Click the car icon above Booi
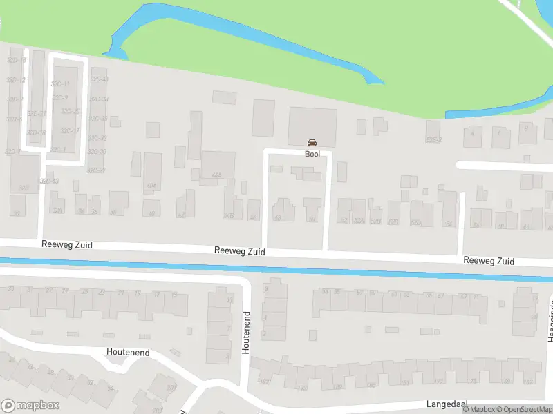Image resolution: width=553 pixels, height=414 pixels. (x=312, y=143)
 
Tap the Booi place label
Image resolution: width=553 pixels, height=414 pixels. (x=312, y=154)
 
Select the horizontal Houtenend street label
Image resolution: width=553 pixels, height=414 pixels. (x=128, y=352)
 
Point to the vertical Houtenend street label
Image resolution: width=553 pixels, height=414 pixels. (x=245, y=333)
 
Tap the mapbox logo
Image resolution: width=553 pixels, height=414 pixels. (x=30, y=406)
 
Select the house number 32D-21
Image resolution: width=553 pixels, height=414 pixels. (x=36, y=114)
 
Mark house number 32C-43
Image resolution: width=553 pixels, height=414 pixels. (x=48, y=181)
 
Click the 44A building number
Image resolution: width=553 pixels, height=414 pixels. (x=216, y=176)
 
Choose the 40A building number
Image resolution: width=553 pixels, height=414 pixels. (x=151, y=185)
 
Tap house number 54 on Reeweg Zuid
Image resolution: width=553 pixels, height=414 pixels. (x=449, y=224)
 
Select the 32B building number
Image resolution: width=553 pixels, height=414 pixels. (x=24, y=187)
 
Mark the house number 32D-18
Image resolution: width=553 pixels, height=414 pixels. (x=36, y=133)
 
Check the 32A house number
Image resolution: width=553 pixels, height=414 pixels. (x=57, y=210)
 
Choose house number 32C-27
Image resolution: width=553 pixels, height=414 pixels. (x=97, y=170)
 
